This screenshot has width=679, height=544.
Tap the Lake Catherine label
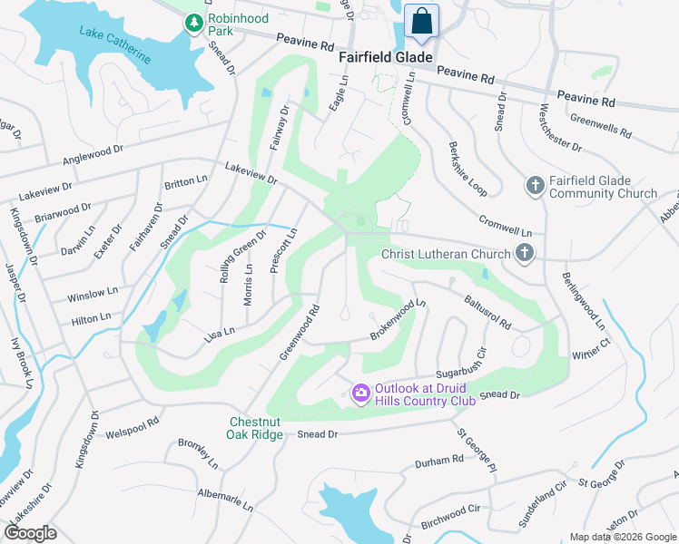pos(115,45)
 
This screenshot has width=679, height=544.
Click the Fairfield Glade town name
pos(385,57)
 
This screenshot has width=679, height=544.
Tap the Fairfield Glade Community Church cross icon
pos(536,186)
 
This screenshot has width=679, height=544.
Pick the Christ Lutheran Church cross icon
pos(524,254)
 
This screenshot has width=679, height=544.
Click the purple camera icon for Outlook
pos(360,393)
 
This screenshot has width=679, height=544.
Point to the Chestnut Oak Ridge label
pos(255,428)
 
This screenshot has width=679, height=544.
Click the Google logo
pos(30,532)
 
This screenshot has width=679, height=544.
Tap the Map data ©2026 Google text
pos(622,537)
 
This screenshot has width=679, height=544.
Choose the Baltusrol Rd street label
pos(487,310)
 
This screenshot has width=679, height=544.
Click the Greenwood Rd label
pos(300,332)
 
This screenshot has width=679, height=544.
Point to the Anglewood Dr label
pos(92,156)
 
